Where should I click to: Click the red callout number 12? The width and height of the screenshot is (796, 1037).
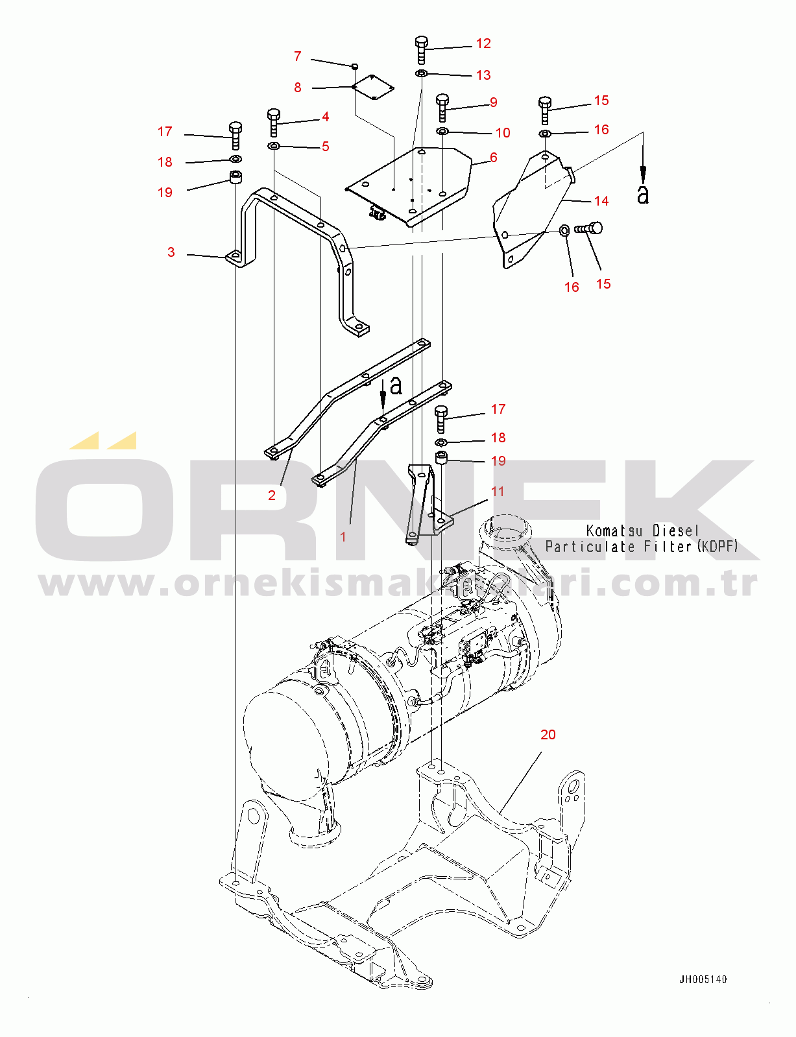click(x=483, y=43)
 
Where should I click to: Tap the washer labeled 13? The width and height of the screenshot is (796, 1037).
click(x=422, y=74)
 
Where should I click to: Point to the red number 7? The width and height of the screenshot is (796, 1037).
click(x=298, y=56)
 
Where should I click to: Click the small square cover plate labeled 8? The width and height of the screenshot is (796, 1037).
click(x=372, y=88)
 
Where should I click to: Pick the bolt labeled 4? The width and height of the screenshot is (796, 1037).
click(x=274, y=123)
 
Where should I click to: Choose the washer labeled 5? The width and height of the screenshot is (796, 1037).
click(x=274, y=145)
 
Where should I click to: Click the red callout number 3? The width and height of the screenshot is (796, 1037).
click(x=171, y=252)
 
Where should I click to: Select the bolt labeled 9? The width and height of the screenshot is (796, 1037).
click(x=442, y=108)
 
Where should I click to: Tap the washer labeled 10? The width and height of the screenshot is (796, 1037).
click(x=442, y=131)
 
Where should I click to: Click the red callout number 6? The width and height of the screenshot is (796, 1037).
click(x=494, y=157)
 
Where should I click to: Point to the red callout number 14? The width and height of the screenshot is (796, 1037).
click(x=601, y=201)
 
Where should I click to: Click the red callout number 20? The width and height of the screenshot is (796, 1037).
click(x=548, y=734)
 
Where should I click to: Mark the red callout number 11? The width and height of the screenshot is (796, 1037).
click(x=498, y=491)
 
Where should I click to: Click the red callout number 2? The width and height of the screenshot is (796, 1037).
click(x=272, y=495)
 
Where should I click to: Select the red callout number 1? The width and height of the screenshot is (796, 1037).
click(x=343, y=537)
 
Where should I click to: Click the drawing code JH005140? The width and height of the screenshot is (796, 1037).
click(x=703, y=980)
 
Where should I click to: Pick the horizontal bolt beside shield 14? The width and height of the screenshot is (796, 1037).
click(x=588, y=228)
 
